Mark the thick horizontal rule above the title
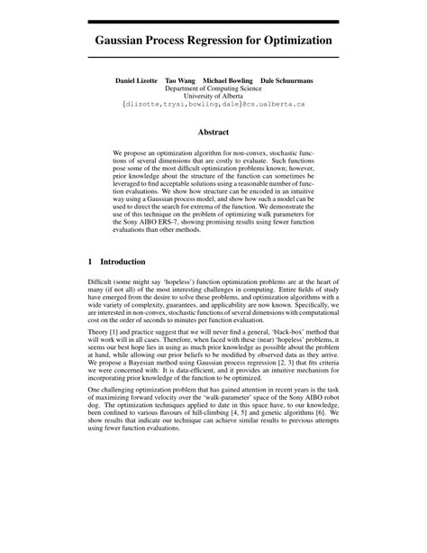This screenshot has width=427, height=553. (x=213, y=21)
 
